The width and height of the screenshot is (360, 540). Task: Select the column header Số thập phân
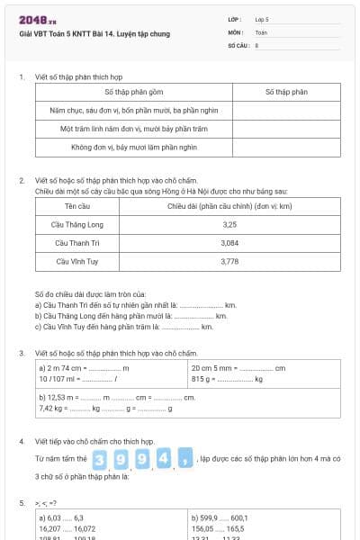click(x=286, y=92)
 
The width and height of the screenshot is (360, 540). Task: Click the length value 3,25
click(x=229, y=224)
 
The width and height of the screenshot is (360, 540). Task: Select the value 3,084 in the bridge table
click(x=229, y=243)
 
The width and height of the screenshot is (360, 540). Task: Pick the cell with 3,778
click(x=229, y=261)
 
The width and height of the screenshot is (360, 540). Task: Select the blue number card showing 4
click(x=163, y=460)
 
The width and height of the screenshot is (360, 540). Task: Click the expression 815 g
click(x=202, y=379)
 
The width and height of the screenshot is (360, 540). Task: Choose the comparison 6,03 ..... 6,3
click(x=61, y=518)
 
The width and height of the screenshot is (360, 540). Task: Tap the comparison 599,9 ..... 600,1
click(x=220, y=518)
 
